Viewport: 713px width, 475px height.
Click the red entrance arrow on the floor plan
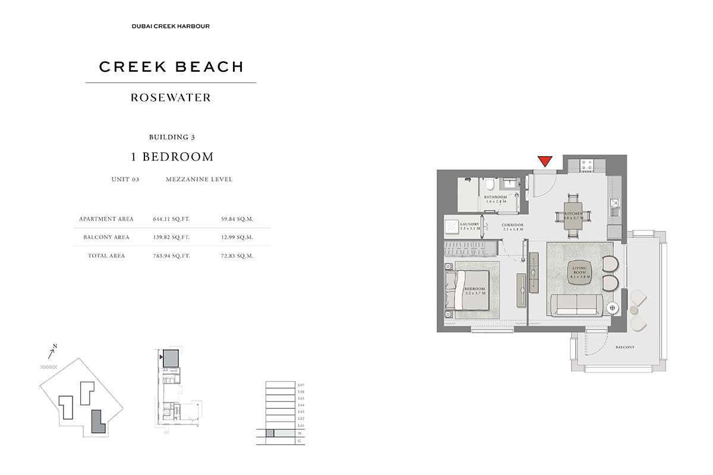545,161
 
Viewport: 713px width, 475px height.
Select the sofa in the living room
576,305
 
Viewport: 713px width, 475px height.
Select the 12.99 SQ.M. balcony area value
237,237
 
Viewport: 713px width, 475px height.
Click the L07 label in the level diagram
301,386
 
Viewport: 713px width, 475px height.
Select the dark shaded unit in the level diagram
270,433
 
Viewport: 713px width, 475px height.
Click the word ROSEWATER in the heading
171,98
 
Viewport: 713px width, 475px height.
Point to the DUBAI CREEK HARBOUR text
171,26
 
